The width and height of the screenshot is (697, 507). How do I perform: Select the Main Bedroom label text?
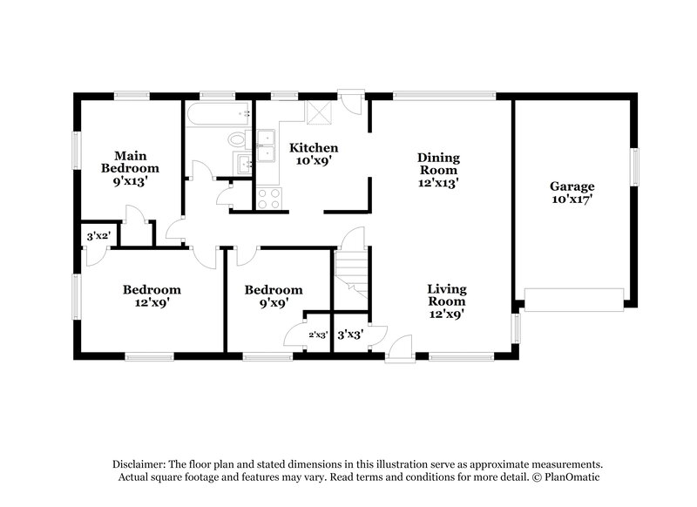pyautogui.click(x=130, y=169)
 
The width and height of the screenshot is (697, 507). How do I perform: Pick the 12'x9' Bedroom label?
pyautogui.click(x=152, y=296)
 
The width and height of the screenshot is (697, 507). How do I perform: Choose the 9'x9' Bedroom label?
pyautogui.click(x=273, y=296)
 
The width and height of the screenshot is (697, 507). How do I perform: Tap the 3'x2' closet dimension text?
pyautogui.click(x=98, y=235)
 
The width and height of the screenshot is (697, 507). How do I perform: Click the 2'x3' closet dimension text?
pyautogui.click(x=317, y=334)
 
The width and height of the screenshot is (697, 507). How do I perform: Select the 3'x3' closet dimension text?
pyautogui.click(x=349, y=333)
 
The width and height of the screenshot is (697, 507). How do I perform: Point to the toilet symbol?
pyautogui.click(x=236, y=139)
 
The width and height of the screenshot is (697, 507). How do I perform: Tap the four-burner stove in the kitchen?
pyautogui.click(x=269, y=199)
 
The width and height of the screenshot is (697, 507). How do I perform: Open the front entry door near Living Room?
pyautogui.click(x=400, y=348)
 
